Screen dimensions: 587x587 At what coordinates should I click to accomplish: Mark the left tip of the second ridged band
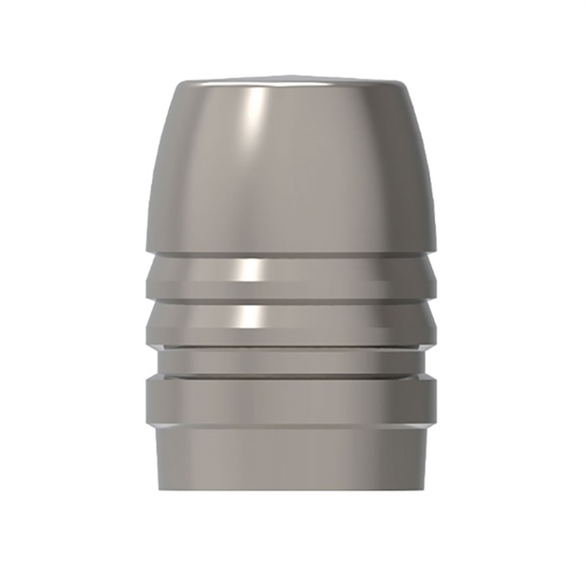click(x=146, y=325)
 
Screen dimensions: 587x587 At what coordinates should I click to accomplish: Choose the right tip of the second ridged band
click(x=441, y=325)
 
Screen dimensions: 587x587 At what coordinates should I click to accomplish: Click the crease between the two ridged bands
click(x=293, y=301)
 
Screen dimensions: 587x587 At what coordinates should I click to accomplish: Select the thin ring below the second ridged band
click(x=293, y=358)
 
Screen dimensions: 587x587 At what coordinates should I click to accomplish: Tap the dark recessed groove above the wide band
click(x=293, y=373)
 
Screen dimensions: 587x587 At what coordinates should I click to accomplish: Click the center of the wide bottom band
click(x=293, y=402)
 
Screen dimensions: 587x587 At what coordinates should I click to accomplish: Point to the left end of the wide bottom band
click(x=147, y=402)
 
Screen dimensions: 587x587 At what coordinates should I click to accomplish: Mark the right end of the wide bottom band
click(x=440, y=402)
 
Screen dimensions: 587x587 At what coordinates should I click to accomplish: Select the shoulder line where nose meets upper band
click(x=293, y=254)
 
